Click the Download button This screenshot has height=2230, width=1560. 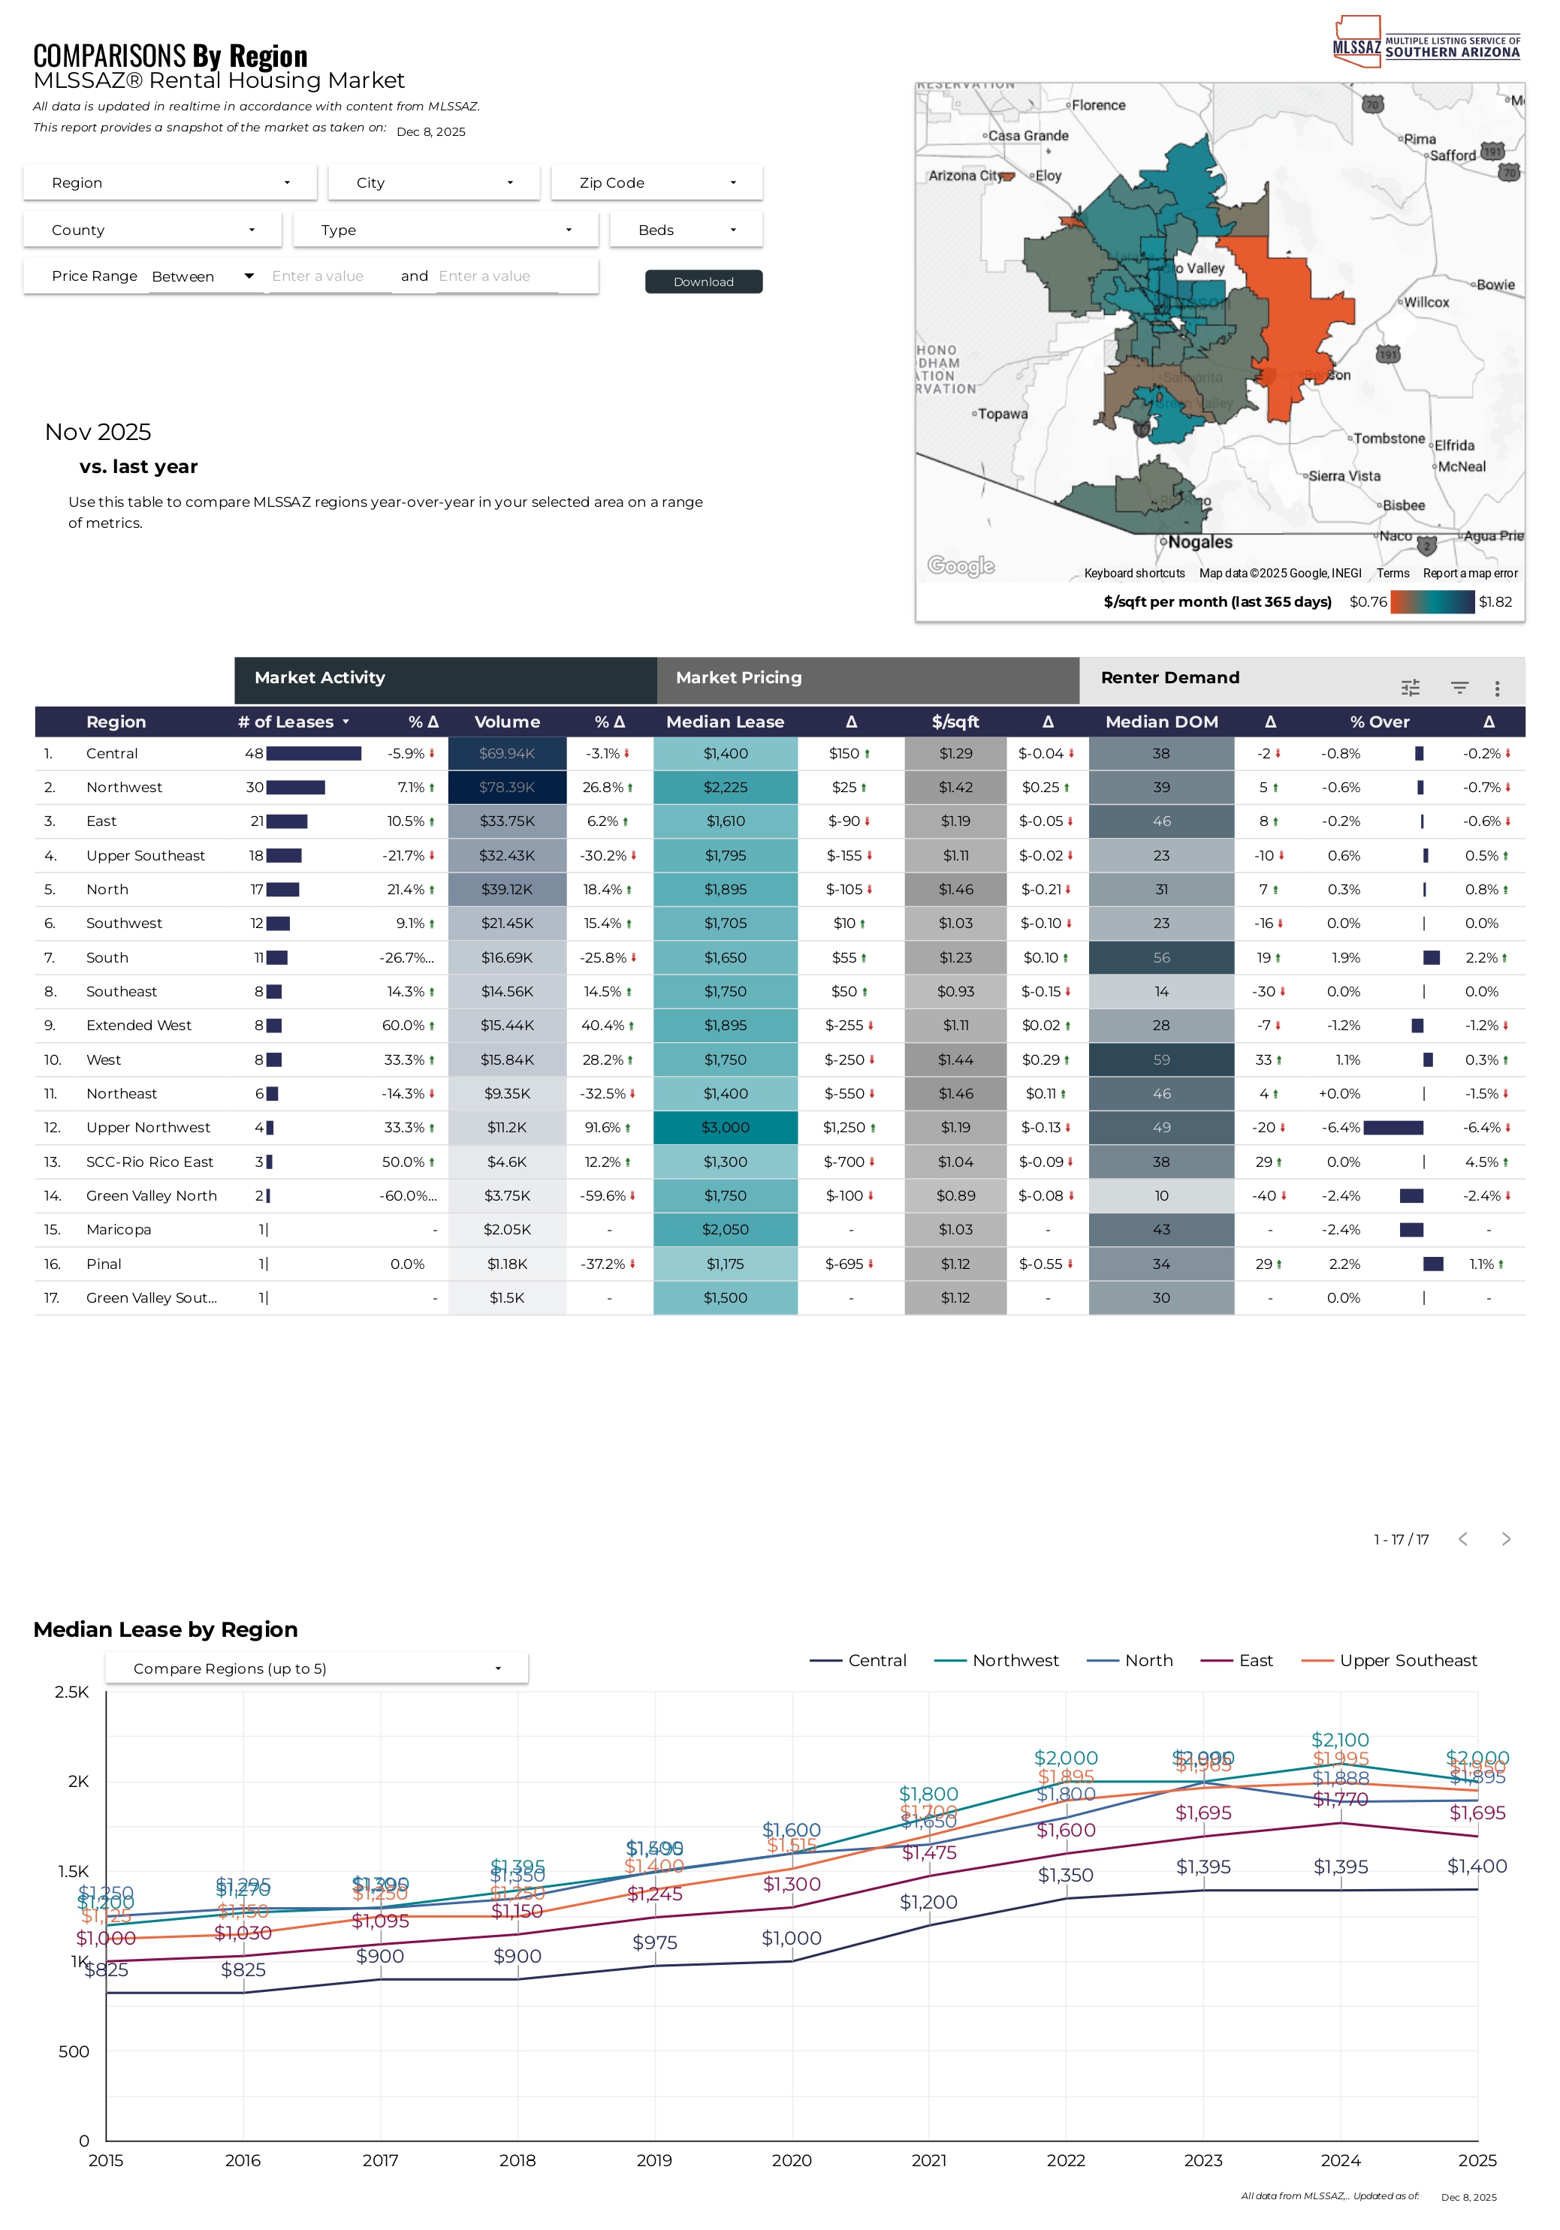pos(703,282)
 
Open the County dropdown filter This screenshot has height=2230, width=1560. pos(152,231)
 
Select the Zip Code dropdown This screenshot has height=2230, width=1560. pos(656,182)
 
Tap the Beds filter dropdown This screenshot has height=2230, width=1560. pos(686,231)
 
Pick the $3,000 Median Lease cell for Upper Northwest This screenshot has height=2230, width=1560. pos(726,1128)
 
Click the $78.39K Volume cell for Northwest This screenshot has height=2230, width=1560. pos(507,788)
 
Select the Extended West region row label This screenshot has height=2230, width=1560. pos(139,1026)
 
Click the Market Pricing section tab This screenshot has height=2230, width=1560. pos(739,678)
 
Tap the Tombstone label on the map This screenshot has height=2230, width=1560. pos(1389,439)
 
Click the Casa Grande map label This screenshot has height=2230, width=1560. pos(1027,136)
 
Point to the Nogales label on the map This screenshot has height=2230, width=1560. pos(1199,542)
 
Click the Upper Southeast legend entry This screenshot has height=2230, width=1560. pos(1407,1661)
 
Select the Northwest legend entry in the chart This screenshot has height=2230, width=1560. pos(1014,1661)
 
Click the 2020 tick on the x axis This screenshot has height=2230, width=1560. pos(792,2160)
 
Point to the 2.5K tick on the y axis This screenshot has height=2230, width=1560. pos(72,1692)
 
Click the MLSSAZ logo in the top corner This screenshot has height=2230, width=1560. pos(1425,43)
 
